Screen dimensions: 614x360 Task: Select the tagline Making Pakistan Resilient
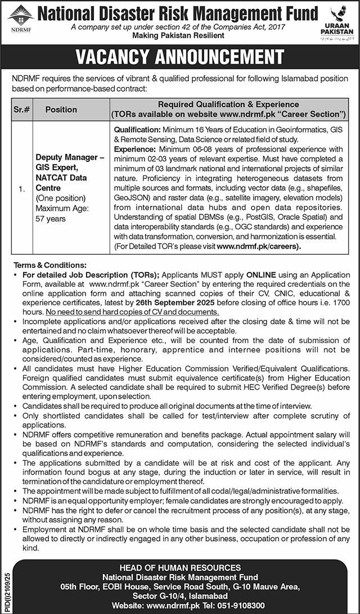[178, 35]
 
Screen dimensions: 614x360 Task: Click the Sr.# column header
[22, 110]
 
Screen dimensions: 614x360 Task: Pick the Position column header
[61, 110]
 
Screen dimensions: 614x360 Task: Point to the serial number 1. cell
[22, 189]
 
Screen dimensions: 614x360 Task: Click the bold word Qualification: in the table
[137, 130]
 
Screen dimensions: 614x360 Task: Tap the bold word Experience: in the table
[134, 149]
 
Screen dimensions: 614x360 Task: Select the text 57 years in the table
[50, 219]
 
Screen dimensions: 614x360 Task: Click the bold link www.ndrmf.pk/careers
[259, 246]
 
